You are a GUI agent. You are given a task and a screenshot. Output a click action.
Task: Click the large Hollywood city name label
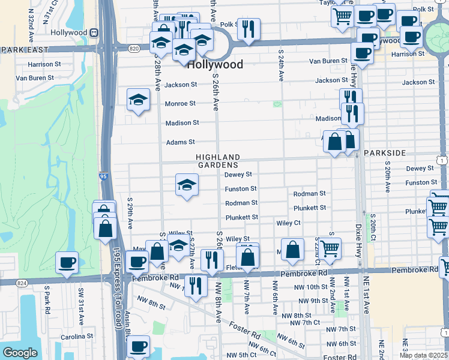(215, 65)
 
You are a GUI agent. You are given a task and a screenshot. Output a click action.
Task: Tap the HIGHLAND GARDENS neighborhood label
(218, 161)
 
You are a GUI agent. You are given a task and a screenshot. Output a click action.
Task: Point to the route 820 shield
(134, 48)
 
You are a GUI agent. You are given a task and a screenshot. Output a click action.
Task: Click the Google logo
(20, 353)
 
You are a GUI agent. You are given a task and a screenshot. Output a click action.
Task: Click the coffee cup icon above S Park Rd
(67, 262)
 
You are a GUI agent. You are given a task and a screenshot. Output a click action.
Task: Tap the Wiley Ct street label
(288, 223)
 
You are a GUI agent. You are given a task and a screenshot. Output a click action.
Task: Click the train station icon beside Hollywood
(94, 32)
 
